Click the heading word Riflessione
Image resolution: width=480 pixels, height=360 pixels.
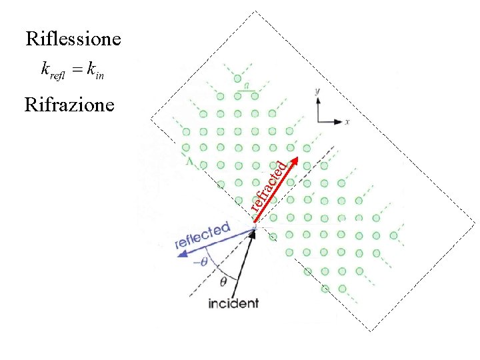pyautogui.click(x=73, y=39)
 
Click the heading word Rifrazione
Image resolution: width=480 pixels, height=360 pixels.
pyautogui.click(x=69, y=105)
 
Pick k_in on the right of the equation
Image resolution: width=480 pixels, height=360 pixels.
pyautogui.click(x=96, y=70)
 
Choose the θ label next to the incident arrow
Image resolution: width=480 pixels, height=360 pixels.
pyautogui.click(x=223, y=282)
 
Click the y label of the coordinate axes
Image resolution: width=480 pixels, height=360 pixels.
pyautogui.click(x=319, y=89)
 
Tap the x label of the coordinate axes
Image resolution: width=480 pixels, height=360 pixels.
pyautogui.click(x=347, y=122)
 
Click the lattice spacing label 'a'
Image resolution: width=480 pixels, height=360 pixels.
pyautogui.click(x=247, y=85)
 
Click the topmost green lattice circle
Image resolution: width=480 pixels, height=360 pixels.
pyautogui.click(x=238, y=79)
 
